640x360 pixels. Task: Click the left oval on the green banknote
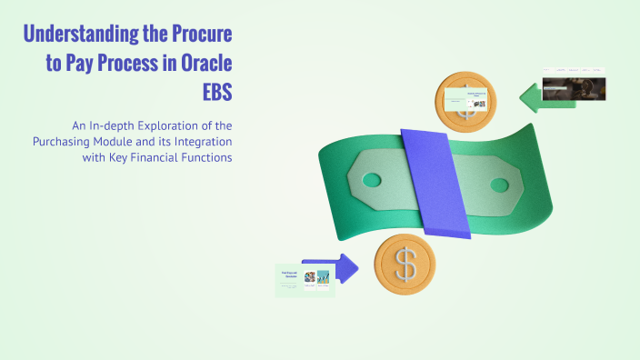click(372, 179)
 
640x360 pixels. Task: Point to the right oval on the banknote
click(500, 185)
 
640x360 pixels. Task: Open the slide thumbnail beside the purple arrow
click(305, 280)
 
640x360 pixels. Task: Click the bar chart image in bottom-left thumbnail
click(311, 277)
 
